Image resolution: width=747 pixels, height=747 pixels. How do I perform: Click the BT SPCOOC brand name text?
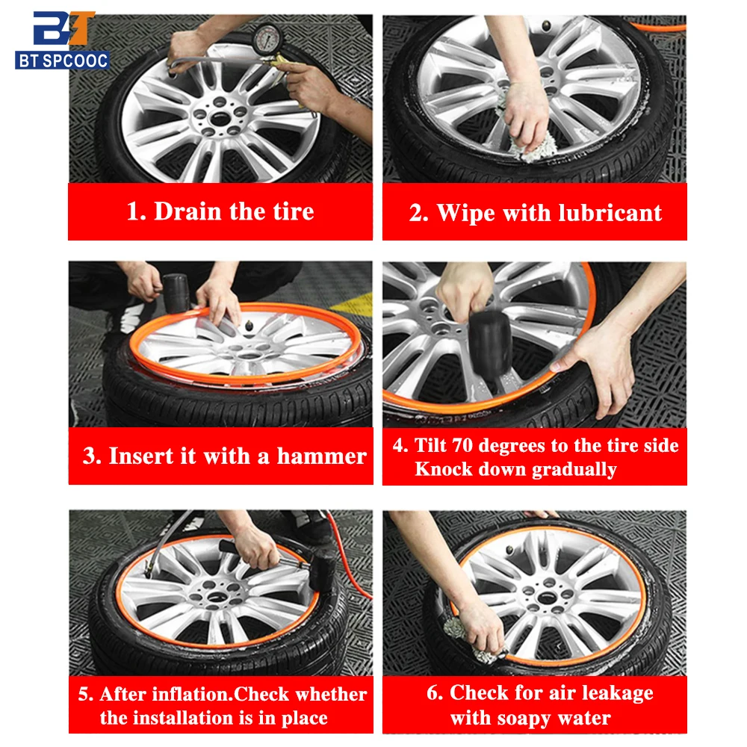[63, 61]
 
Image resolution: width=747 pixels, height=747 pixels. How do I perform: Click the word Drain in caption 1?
[187, 211]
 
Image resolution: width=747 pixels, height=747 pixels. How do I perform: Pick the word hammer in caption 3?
[321, 456]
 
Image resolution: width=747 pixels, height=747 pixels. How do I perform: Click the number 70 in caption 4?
[462, 445]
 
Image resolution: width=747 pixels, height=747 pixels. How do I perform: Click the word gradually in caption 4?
[574, 470]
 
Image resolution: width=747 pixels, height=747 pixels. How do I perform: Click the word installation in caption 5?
[191, 718]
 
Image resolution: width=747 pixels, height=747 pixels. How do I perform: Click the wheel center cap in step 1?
[220, 118]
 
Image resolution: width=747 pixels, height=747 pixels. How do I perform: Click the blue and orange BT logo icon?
[63, 28]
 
